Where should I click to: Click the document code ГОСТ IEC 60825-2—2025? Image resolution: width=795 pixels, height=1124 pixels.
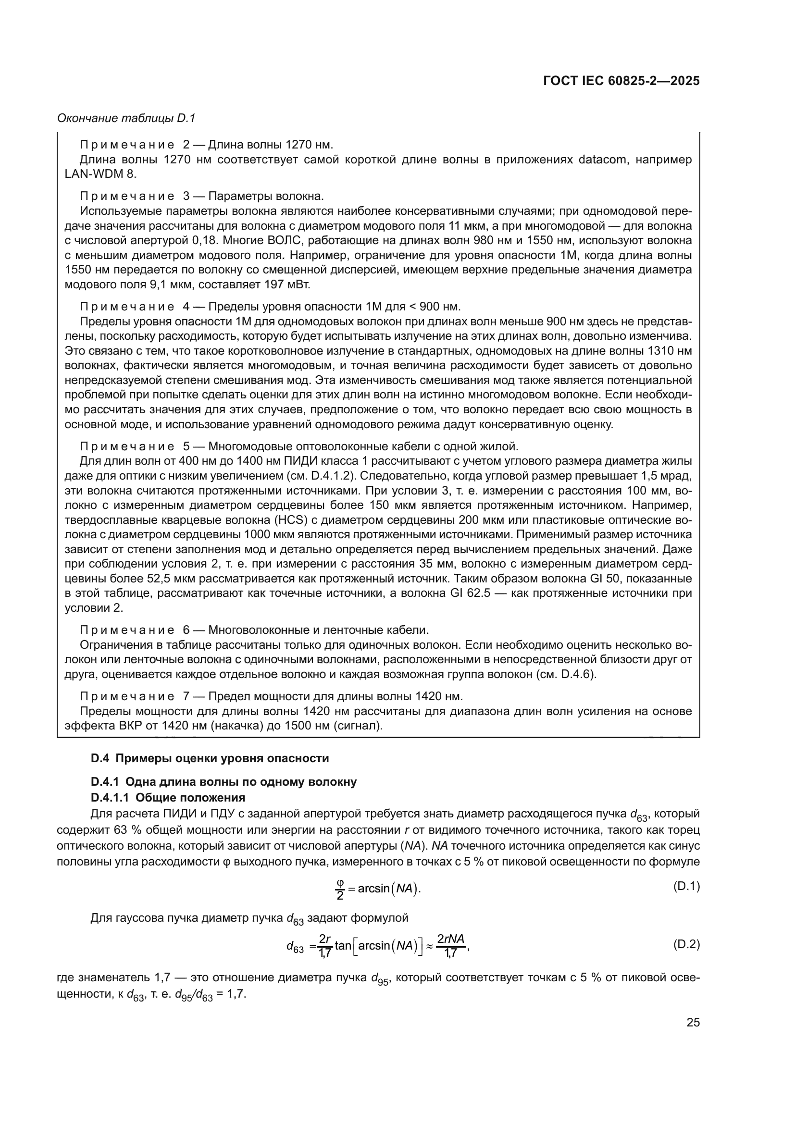coord(621,81)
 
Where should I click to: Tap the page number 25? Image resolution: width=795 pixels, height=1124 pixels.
coord(693,1022)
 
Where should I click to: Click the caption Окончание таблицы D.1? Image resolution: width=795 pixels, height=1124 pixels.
coord(126,119)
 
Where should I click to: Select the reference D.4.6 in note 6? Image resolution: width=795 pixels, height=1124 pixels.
coord(577,674)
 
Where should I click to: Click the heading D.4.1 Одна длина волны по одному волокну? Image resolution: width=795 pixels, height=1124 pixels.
coord(224,782)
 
